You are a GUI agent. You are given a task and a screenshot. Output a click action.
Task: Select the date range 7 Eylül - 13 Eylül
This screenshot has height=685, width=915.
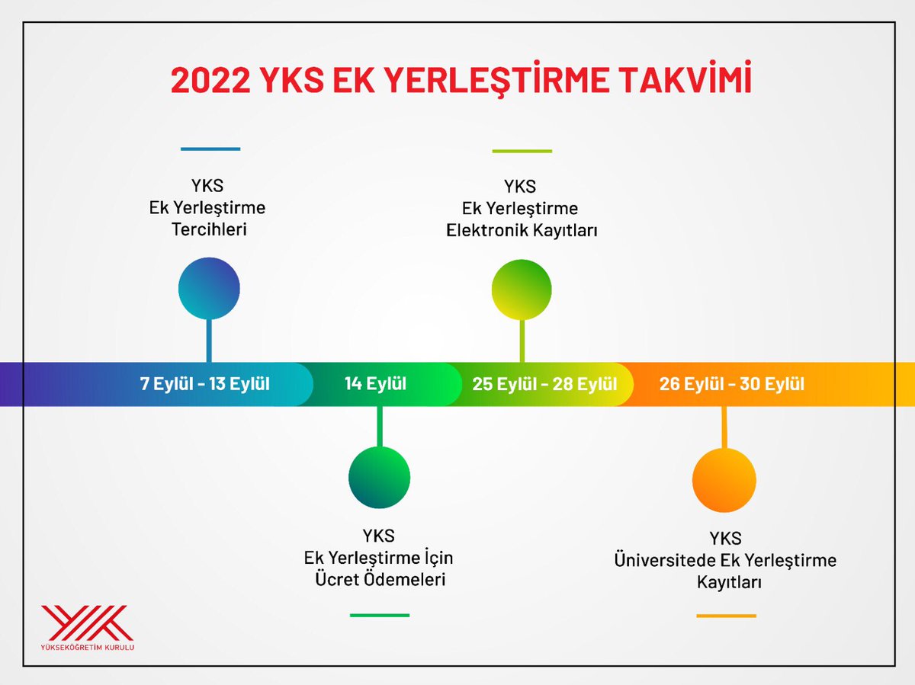(x=205, y=383)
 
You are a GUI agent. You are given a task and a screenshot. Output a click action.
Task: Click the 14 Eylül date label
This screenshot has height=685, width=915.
(x=375, y=383)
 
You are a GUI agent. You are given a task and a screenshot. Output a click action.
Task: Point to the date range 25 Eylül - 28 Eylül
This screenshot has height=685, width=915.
(x=544, y=384)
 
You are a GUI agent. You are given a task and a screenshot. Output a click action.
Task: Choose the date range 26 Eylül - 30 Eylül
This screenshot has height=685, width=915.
(x=732, y=384)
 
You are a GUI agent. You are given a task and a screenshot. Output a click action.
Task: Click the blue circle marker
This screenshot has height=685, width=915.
(x=209, y=288)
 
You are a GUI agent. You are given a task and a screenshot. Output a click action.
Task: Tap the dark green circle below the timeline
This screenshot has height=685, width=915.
(x=379, y=478)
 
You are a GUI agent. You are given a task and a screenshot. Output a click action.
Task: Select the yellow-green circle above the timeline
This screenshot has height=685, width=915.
(x=522, y=290)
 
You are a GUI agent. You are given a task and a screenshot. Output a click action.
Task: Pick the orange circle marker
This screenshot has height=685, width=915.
(x=724, y=481)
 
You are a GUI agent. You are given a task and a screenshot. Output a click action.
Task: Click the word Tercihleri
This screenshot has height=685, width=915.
(x=209, y=229)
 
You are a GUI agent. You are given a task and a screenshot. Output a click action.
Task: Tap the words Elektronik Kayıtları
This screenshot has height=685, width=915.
(x=522, y=229)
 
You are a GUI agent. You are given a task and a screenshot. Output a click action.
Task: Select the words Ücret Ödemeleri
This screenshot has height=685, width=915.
(x=380, y=579)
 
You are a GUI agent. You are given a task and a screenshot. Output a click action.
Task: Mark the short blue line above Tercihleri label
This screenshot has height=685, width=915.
(x=210, y=149)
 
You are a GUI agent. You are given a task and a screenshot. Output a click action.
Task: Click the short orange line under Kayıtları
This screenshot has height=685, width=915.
(x=726, y=616)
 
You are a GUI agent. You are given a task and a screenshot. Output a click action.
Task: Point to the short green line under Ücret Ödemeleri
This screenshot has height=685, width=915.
(x=380, y=615)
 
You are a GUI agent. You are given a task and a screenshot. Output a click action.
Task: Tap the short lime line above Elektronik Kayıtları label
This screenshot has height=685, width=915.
(x=522, y=151)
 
